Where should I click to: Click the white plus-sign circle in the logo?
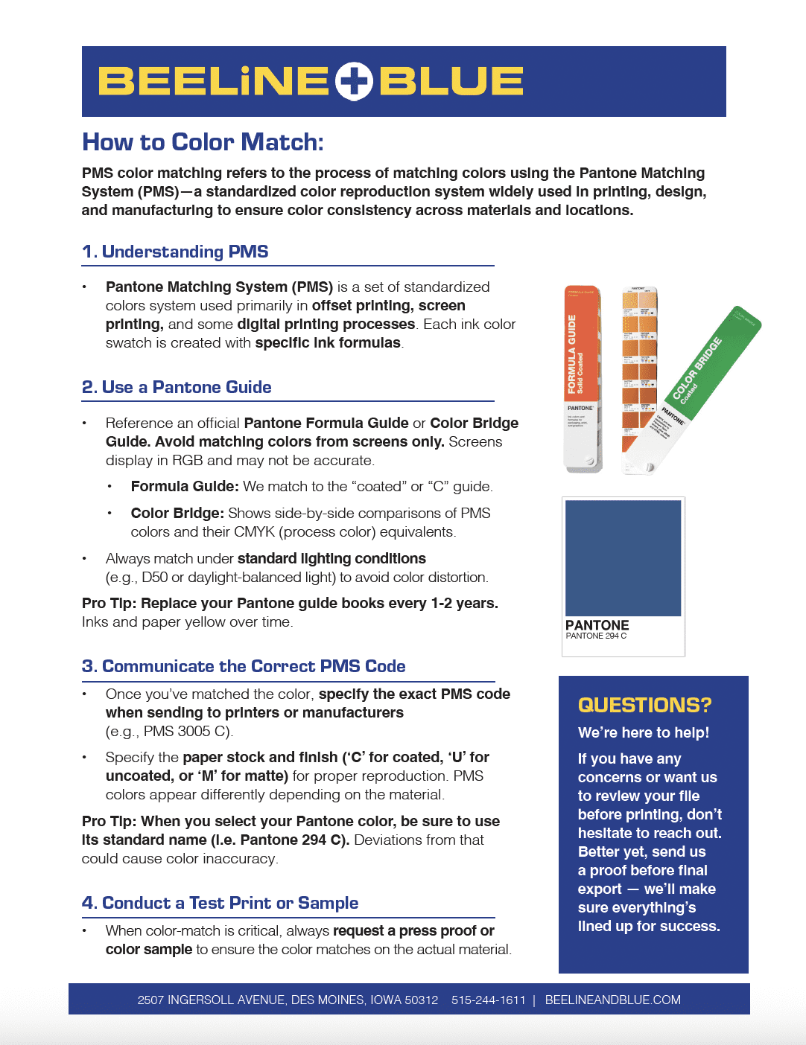click(x=354, y=82)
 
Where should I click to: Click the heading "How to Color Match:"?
click(x=203, y=142)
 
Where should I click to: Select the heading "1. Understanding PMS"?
click(x=175, y=252)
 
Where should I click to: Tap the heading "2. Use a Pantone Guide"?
click(x=177, y=387)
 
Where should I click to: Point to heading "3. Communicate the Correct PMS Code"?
click(x=244, y=666)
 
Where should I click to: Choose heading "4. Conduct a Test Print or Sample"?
click(x=220, y=903)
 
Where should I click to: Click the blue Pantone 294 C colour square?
click(x=623, y=557)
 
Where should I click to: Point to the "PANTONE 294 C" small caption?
click(x=596, y=636)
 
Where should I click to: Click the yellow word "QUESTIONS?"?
click(x=644, y=705)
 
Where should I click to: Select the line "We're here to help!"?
click(x=644, y=732)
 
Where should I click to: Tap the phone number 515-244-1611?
click(x=488, y=1000)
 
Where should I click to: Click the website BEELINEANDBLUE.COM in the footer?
click(x=612, y=1000)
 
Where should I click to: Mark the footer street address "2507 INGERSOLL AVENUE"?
click(x=212, y=1000)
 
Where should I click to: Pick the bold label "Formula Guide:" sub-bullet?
click(x=185, y=487)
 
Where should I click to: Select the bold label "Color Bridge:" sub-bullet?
click(x=177, y=514)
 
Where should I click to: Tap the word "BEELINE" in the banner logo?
click(x=213, y=82)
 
